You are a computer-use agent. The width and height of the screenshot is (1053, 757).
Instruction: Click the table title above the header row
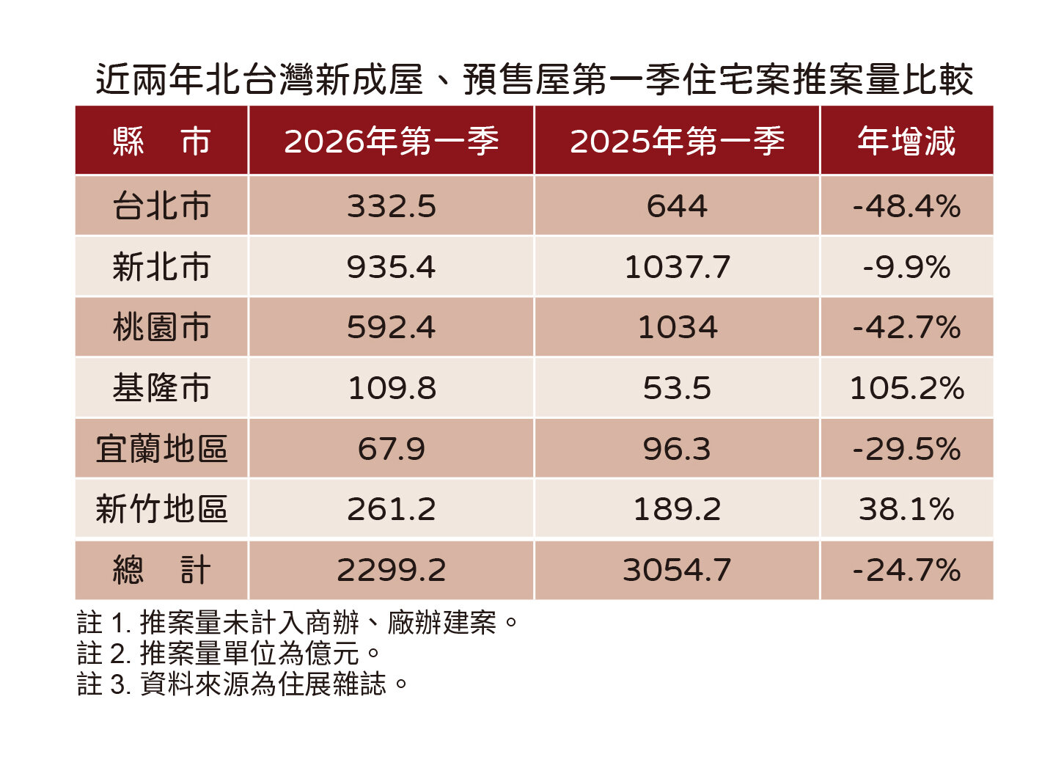534,79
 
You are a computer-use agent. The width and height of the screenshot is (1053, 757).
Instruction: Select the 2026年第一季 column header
391,141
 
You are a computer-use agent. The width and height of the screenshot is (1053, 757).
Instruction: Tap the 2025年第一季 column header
677,141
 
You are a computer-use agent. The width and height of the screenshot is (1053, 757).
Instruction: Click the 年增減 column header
906,141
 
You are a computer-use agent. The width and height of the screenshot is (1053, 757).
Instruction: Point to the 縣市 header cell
161,141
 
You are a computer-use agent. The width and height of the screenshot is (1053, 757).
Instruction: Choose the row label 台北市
161,206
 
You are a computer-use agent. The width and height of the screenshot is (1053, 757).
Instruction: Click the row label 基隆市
161,388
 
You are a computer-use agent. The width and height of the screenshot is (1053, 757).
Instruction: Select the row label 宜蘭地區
161,449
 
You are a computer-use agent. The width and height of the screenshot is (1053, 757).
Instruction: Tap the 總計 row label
161,570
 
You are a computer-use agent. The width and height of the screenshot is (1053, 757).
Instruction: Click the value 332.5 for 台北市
391,206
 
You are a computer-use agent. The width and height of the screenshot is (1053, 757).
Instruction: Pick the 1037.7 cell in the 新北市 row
677,267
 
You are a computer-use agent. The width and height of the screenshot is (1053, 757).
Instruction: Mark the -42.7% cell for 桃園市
906,328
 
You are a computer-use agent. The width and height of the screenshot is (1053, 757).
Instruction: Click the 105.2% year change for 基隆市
906,388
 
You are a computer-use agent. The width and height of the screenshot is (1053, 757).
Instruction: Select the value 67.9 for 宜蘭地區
391,449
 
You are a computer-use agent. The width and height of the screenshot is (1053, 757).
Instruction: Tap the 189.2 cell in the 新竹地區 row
677,509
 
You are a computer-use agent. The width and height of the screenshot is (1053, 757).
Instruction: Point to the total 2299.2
391,570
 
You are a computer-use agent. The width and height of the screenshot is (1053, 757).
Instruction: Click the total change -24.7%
906,570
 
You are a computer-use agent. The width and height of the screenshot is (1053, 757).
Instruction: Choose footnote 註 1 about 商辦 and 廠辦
298,623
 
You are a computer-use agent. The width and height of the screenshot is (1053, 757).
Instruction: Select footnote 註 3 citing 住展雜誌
242,684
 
